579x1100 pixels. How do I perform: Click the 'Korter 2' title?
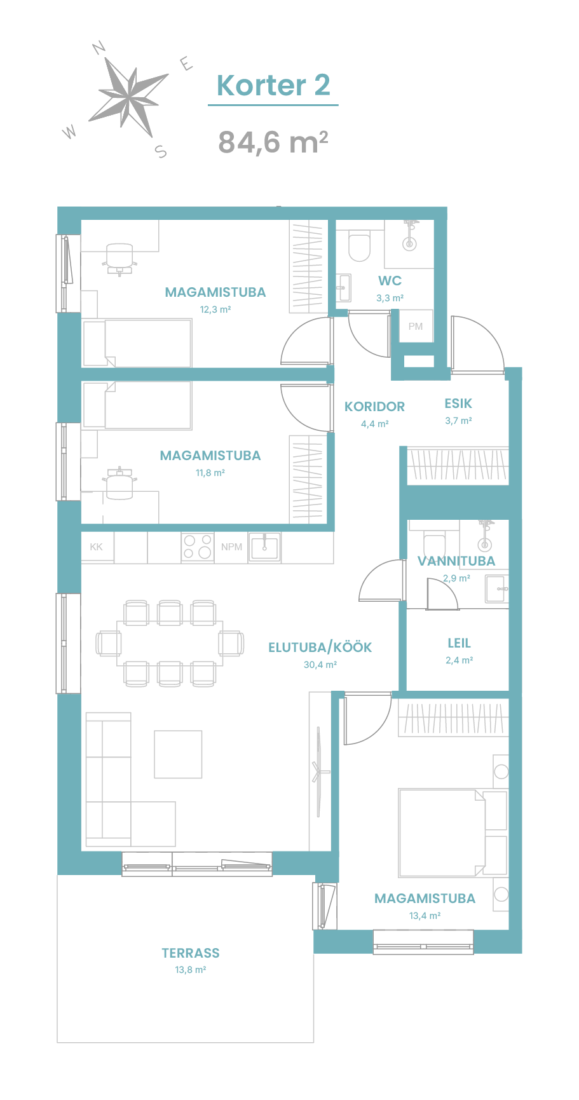click(x=273, y=85)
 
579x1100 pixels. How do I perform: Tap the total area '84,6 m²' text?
click(x=273, y=142)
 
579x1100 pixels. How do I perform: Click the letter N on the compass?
click(x=99, y=48)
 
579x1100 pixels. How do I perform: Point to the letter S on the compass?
click(x=161, y=151)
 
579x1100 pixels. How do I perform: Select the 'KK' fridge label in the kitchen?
click(x=97, y=547)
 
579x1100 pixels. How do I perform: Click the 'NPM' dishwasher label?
click(x=231, y=547)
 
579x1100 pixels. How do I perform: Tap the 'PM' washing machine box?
click(x=416, y=327)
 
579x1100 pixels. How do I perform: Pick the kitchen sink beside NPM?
click(x=264, y=547)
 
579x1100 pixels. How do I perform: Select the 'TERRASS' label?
click(x=191, y=953)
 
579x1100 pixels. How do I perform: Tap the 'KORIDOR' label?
click(x=374, y=407)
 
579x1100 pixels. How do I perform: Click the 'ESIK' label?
click(x=458, y=404)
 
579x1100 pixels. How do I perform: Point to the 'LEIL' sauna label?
click(x=459, y=643)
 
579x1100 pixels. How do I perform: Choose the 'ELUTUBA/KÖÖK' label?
click(x=320, y=648)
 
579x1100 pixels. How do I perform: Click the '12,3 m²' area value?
click(x=215, y=310)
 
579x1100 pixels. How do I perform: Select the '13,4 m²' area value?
click(x=425, y=916)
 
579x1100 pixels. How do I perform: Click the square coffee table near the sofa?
click(x=178, y=754)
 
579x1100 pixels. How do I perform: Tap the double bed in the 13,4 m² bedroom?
click(x=442, y=832)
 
